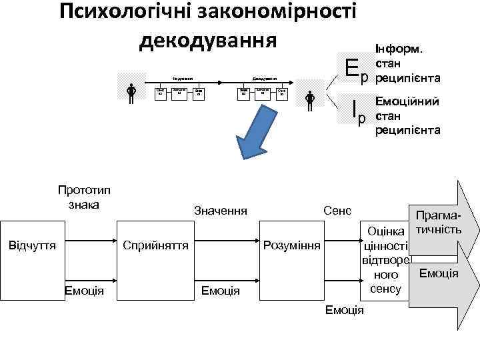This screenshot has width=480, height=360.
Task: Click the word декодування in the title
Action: [207, 41]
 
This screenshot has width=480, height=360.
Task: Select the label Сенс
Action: [337, 211]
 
